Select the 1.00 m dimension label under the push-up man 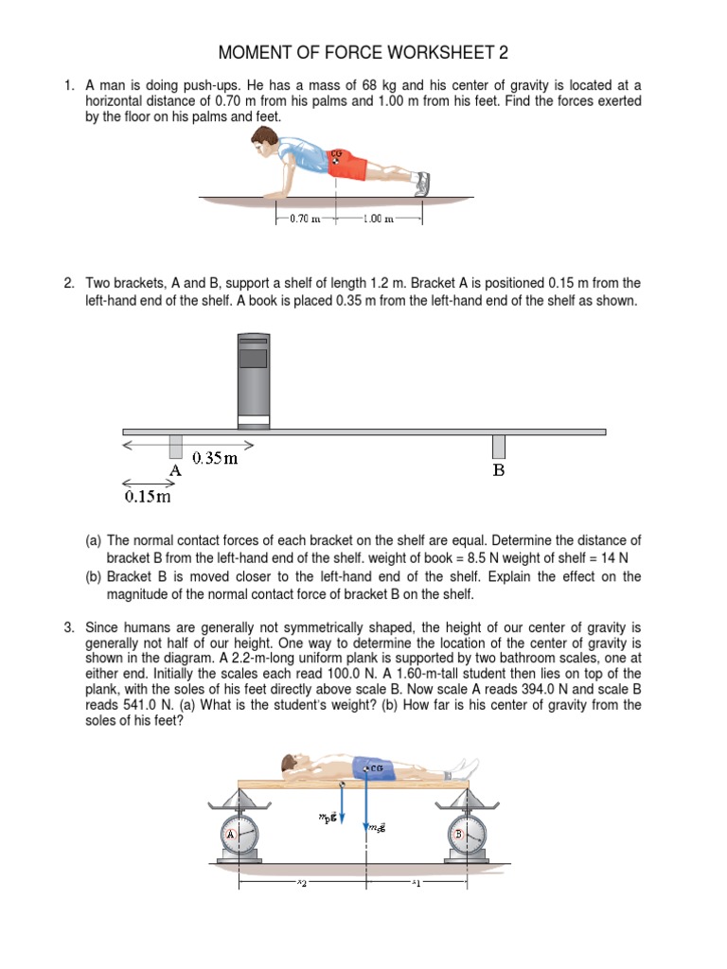tap(379, 219)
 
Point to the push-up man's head tap(262, 143)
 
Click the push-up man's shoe tap(422, 184)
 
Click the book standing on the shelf tap(253, 378)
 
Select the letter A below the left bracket tap(175, 470)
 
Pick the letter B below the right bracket tap(499, 470)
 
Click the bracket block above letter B tap(499, 446)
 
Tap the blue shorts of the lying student tap(370, 767)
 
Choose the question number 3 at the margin tap(69, 626)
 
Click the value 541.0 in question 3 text tap(119, 705)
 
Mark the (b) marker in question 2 tap(94, 576)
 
